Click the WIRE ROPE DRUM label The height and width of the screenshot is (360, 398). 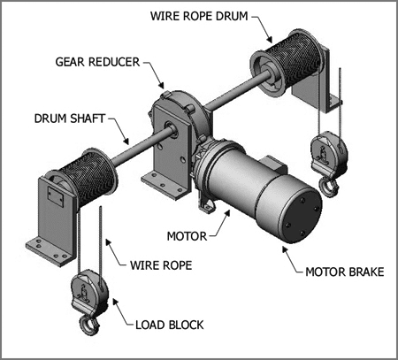point(199,16)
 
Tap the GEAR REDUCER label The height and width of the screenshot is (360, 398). point(97,62)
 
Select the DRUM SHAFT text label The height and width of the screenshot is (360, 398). point(70,119)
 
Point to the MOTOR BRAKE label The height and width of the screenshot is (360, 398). point(345,272)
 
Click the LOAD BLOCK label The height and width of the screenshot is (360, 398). point(170,325)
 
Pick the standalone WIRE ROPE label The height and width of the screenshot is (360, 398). point(161,265)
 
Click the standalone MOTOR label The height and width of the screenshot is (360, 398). point(187,236)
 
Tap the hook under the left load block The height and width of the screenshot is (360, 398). point(88,325)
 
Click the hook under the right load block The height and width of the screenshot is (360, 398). point(328,188)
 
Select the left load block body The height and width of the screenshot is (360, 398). point(89,291)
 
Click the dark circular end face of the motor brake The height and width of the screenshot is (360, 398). point(302,217)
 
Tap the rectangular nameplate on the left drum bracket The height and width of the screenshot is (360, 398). point(57,195)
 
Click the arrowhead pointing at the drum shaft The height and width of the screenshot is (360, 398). point(126,142)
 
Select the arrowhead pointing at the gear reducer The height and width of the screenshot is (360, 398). point(161,85)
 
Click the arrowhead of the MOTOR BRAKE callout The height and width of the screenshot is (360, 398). point(285,249)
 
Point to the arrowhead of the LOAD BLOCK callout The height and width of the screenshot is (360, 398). point(115,302)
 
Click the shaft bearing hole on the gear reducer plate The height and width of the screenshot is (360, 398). point(171,127)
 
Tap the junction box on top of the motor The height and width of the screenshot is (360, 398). point(272,165)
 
